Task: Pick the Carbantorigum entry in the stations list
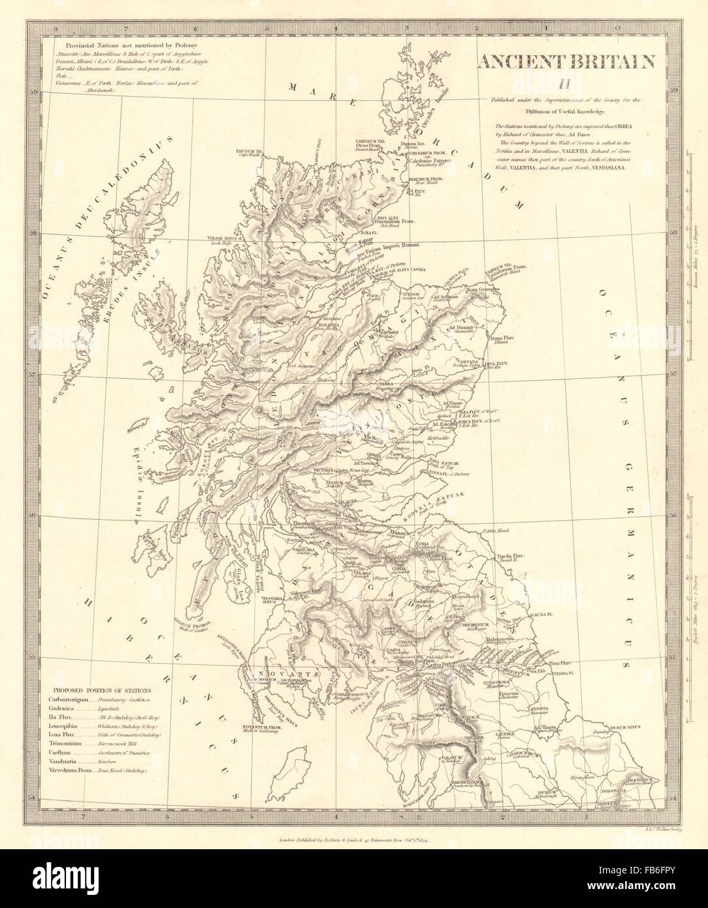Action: click(71, 700)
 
